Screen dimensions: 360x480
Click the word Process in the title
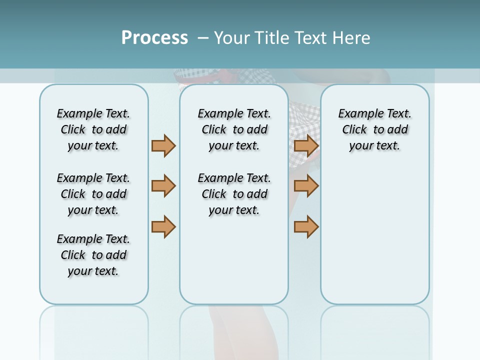[x=154, y=38]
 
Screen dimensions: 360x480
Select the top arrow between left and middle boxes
[x=163, y=145]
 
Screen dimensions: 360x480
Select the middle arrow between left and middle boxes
[x=163, y=186]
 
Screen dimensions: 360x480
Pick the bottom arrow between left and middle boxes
[x=163, y=226]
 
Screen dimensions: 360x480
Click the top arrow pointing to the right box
[x=306, y=145]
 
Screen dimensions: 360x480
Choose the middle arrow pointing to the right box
[x=306, y=186]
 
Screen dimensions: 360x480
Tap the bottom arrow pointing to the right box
[x=306, y=226]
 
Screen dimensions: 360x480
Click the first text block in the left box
[x=93, y=129]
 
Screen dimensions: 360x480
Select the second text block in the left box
[x=93, y=194]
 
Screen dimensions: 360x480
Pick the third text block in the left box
[x=93, y=255]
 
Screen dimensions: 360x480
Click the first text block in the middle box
[x=234, y=129]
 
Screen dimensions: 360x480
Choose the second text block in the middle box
[x=234, y=194]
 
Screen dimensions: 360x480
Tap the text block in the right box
[x=374, y=129]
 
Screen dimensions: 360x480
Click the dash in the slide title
[x=203, y=38]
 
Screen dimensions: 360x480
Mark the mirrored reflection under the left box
[x=93, y=330]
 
